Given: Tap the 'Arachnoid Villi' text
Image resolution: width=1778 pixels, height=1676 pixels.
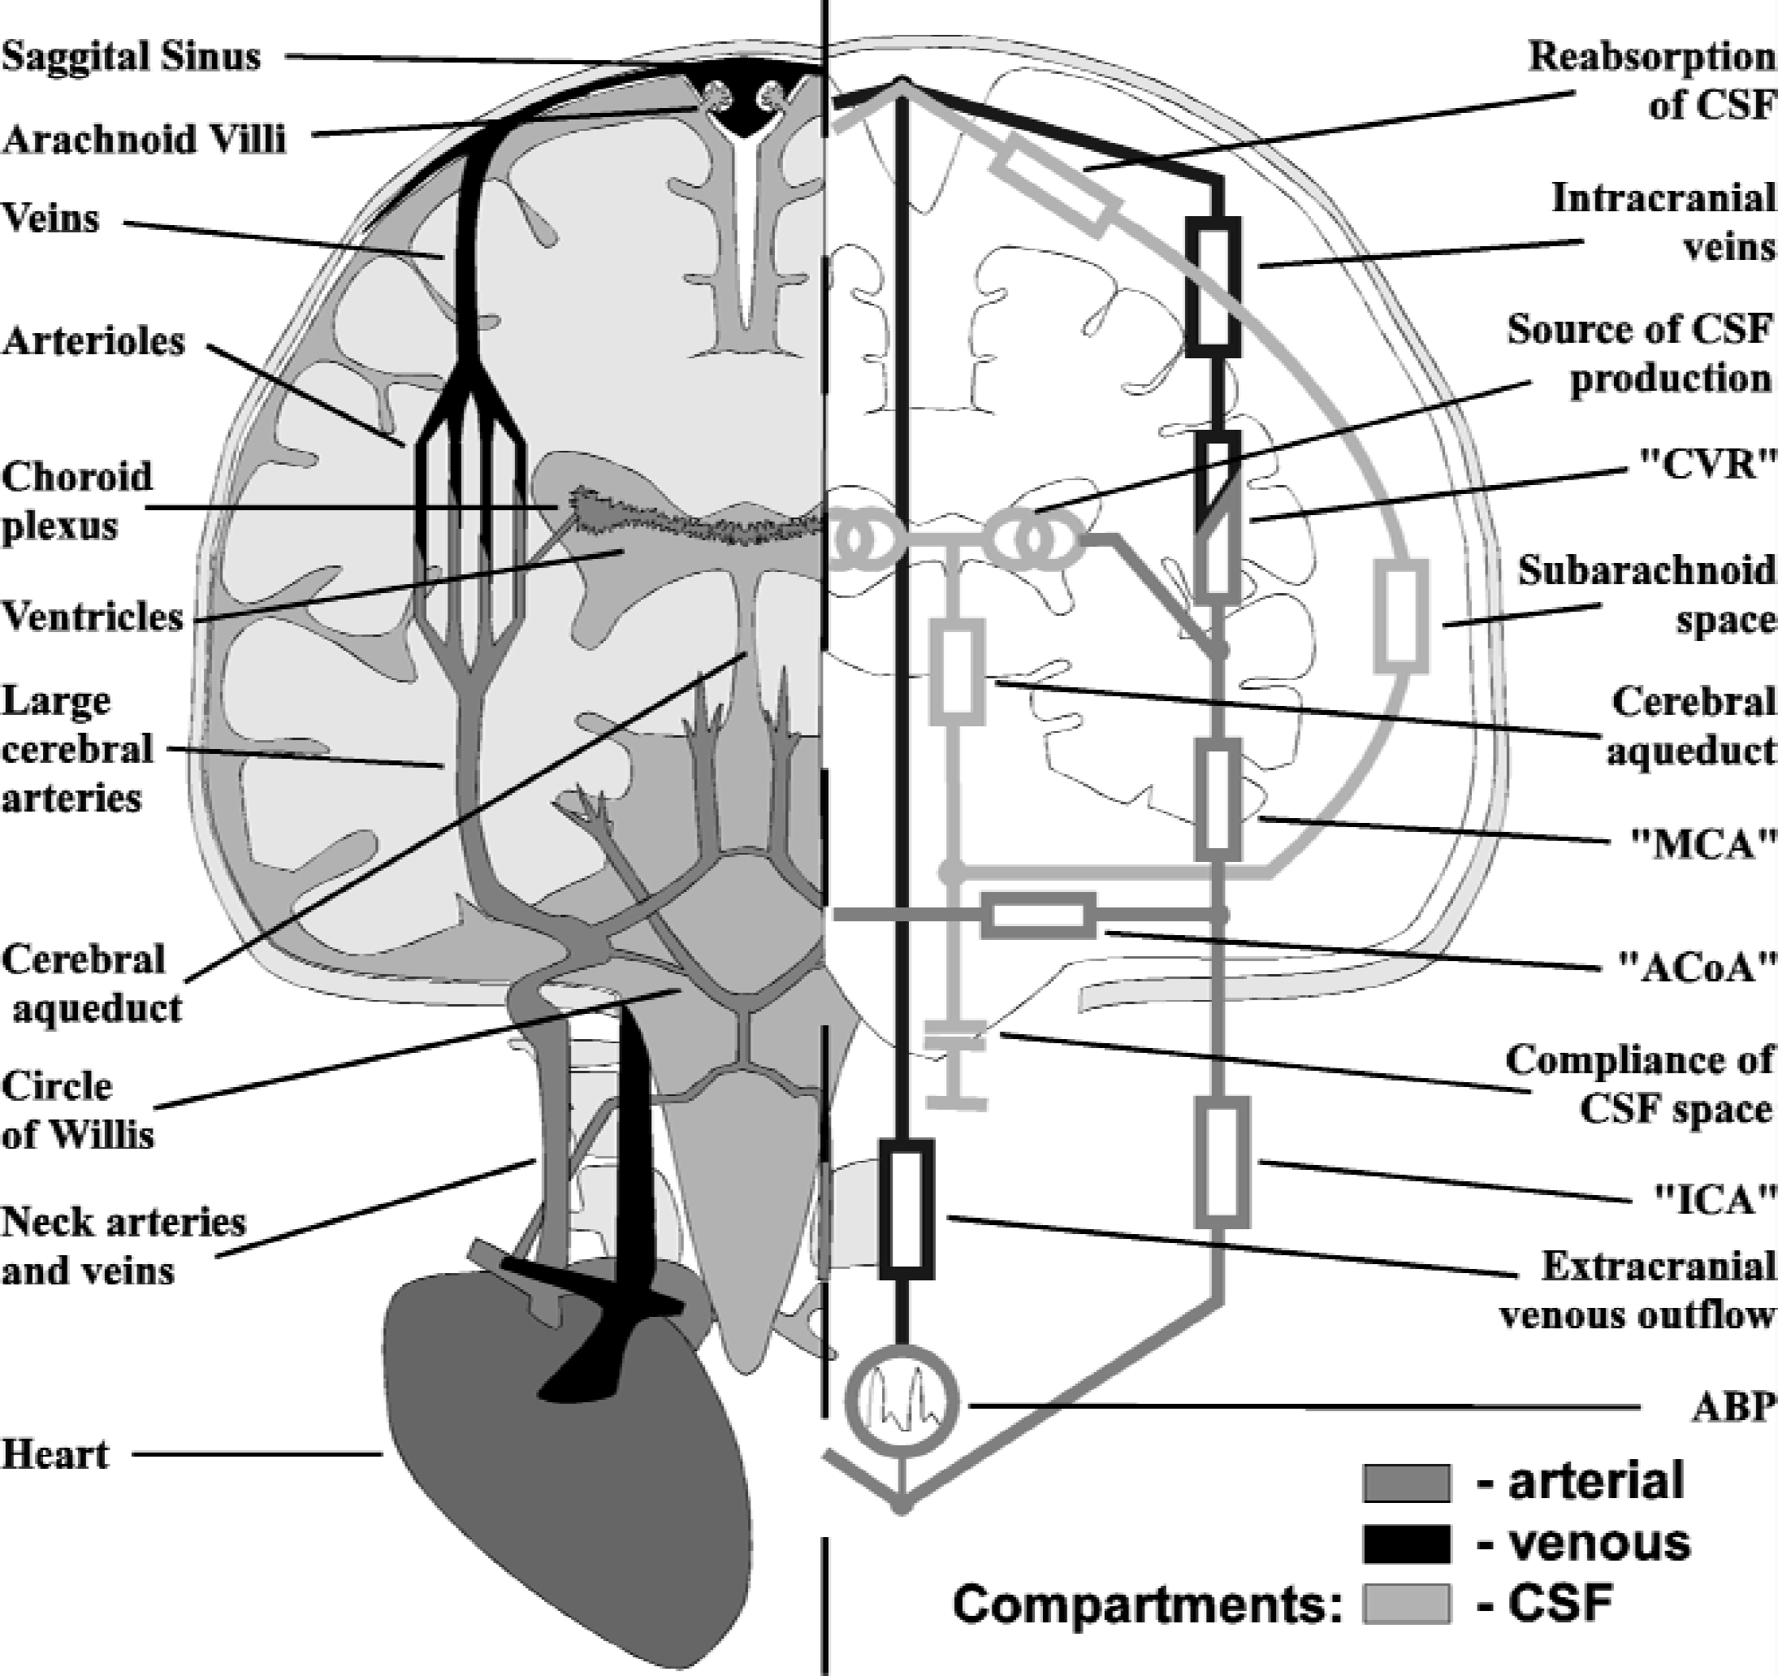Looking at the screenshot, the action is tap(143, 140).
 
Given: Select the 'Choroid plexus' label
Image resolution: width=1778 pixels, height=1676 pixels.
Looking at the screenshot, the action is tap(77, 500).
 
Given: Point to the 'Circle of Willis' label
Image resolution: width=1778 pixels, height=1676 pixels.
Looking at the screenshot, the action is tap(77, 1110).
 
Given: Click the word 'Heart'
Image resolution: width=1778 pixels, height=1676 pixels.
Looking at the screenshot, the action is tap(55, 1455).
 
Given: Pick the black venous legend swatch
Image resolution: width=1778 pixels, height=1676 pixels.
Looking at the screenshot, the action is tap(1406, 1544).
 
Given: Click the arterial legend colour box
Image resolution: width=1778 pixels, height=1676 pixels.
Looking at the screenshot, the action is tap(1406, 1483).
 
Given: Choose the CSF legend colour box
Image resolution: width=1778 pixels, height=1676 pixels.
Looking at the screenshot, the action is tap(1406, 1605).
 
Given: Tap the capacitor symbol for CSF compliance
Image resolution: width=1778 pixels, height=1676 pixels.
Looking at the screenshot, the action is tap(955, 1064).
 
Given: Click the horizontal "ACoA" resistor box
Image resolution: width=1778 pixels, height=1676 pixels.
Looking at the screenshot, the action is tap(1037, 915).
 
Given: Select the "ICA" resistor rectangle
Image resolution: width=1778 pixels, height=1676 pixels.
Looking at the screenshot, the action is tap(1222, 1162).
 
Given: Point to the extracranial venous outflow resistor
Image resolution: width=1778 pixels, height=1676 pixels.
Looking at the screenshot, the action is tap(906, 1209).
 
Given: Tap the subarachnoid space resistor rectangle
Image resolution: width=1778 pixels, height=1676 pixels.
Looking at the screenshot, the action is tap(1399, 615).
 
